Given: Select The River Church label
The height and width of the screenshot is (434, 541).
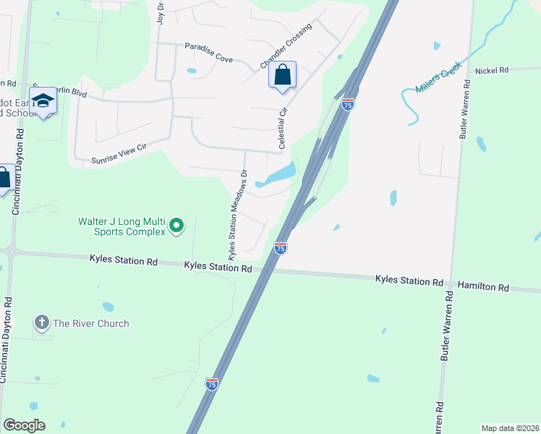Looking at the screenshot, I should (x=90, y=323).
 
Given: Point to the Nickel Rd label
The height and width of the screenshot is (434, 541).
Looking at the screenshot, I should (x=492, y=70).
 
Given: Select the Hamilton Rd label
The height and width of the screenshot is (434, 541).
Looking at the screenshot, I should (x=482, y=287).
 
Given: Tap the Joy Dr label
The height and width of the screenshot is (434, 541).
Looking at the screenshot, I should (x=161, y=12).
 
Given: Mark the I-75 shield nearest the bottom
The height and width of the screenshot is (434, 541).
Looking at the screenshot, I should (x=212, y=385).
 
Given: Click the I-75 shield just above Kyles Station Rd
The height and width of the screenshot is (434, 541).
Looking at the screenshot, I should (x=281, y=248).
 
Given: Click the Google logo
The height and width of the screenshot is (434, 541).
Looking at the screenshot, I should (x=24, y=425).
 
